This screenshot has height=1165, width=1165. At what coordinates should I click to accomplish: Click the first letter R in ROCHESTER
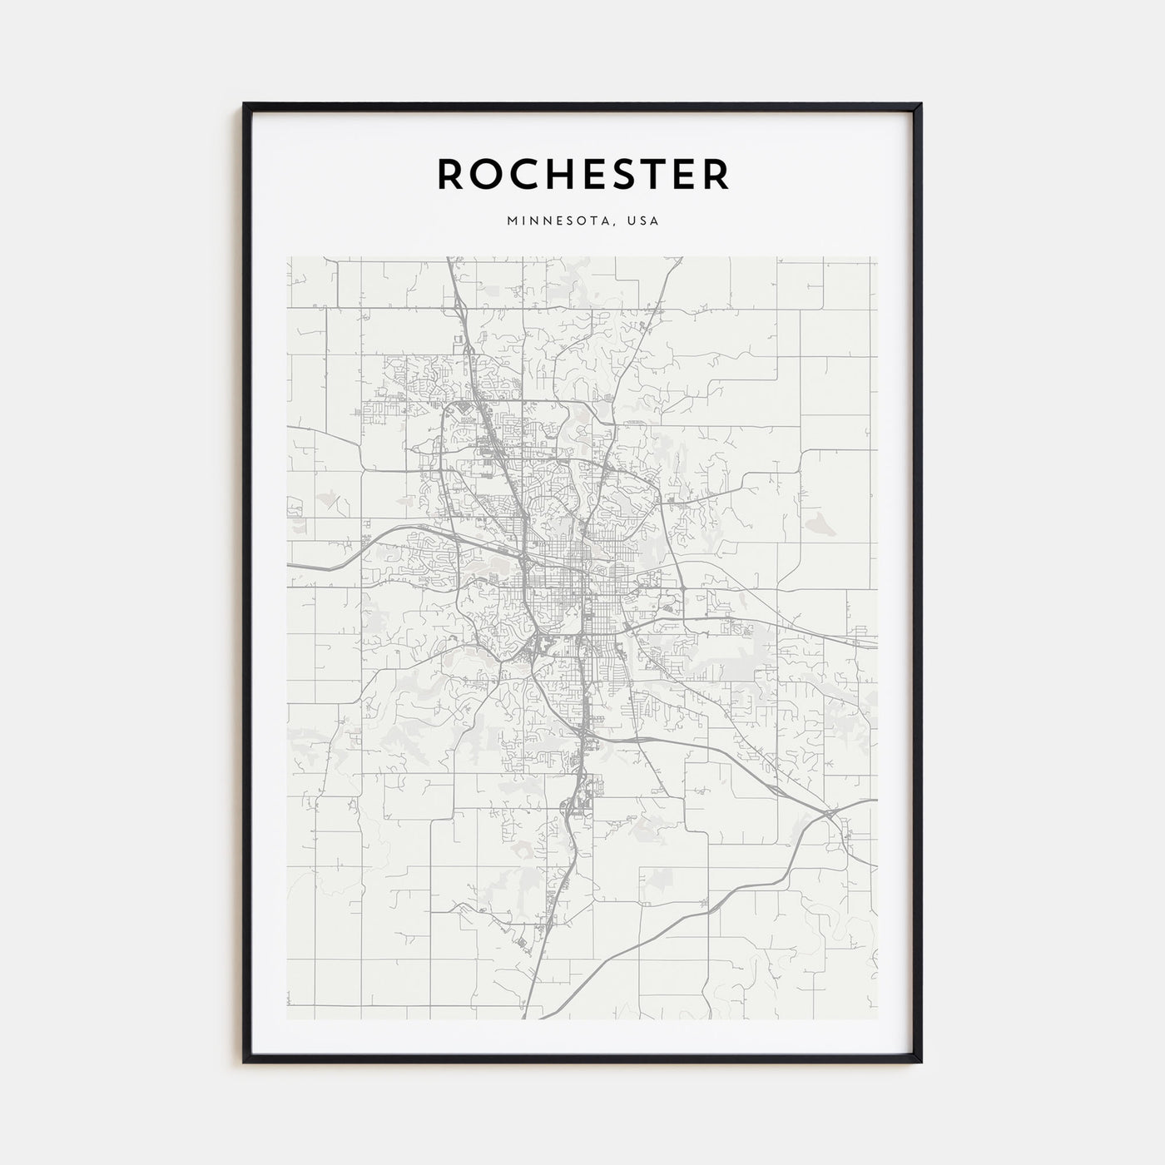(451, 174)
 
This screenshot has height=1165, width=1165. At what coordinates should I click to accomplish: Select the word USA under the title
(645, 221)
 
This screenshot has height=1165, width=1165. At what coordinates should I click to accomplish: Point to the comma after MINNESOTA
(620, 225)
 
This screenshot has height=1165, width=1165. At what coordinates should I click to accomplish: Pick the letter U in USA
(633, 221)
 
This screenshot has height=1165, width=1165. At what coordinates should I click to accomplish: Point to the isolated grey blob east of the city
(816, 523)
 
